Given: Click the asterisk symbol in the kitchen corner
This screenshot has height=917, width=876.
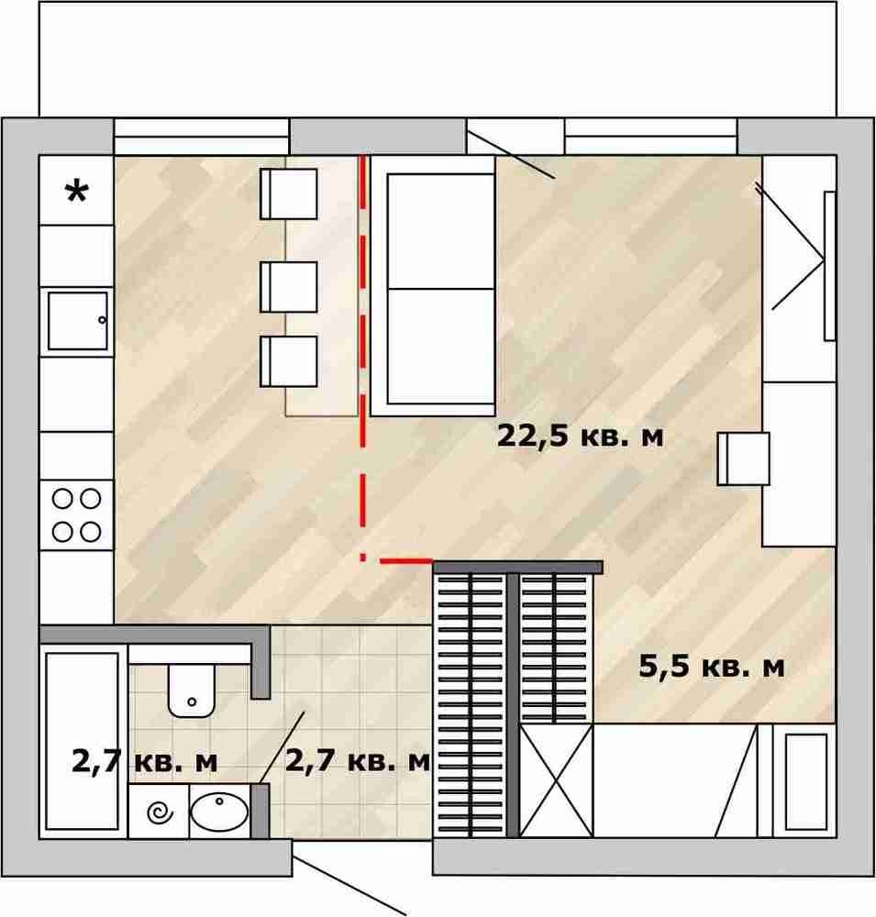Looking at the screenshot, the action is pos(77,192).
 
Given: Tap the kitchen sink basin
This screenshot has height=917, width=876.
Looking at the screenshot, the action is pos(78,321).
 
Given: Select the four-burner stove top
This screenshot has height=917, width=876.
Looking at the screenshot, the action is pos(77,515).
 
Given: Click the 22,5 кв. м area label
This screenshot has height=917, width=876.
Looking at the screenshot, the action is pos(581,436).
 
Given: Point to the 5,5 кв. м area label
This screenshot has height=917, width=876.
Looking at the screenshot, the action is pos(712,666).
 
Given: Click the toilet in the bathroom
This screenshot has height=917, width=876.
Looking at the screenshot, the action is pos(192,691).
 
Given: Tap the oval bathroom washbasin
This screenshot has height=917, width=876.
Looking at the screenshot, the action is pos(219,812).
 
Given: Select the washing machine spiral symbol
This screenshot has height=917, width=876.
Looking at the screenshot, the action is pos(160,812).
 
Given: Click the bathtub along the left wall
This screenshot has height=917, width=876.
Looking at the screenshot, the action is pos(82,741).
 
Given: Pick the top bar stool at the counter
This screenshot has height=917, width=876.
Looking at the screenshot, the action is pos(289,194).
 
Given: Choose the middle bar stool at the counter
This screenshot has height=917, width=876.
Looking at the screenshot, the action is pos(289,286).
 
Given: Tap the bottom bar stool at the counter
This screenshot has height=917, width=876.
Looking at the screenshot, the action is pos(289,360).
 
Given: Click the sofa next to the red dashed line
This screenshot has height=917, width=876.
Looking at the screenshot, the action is pos(434,286).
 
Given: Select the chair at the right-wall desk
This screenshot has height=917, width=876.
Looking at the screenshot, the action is pos(743,458).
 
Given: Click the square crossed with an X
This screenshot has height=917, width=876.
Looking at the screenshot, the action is pos(557,780).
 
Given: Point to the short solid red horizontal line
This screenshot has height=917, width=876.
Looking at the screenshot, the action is pos(406,561).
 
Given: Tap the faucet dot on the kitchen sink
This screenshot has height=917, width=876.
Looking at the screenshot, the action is pos(103,320).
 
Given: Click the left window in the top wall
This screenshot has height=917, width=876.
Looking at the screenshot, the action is pos(201,137).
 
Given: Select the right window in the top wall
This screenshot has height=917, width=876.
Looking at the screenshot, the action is pos(650,137).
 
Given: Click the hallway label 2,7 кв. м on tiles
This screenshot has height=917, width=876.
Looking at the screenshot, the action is pos(358,761).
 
